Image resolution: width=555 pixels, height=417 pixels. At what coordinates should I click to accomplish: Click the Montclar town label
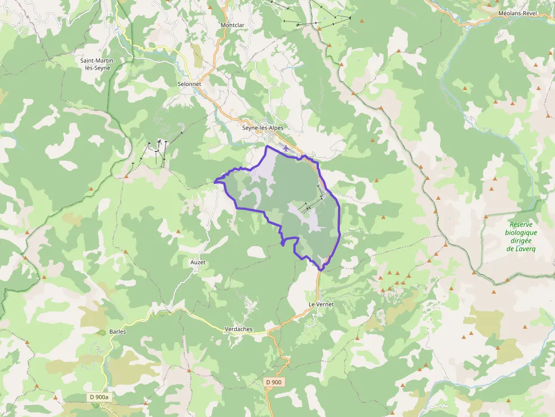point(233,25)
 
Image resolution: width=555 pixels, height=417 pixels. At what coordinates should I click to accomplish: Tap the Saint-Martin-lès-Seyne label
point(95,64)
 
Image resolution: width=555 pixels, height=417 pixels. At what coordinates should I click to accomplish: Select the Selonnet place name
point(190,84)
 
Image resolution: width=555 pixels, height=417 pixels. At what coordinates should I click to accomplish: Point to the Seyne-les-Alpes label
point(263,128)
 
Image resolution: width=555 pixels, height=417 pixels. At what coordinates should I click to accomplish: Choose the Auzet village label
point(198,263)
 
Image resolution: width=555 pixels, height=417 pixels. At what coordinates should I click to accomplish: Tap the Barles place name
point(118,332)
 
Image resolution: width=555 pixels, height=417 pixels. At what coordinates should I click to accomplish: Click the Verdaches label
point(238,329)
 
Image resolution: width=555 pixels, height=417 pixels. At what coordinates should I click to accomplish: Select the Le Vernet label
point(321,304)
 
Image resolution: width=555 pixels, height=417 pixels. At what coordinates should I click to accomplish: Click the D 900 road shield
point(274,382)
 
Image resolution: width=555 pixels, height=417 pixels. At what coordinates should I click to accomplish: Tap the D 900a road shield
point(99,397)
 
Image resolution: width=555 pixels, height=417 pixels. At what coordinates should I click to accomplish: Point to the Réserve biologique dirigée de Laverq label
point(521,237)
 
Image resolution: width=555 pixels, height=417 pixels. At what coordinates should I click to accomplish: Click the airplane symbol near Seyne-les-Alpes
point(286,148)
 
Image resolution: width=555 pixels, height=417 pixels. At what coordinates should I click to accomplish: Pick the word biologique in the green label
point(521,233)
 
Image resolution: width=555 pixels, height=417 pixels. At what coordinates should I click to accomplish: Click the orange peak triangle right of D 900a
point(146,403)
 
